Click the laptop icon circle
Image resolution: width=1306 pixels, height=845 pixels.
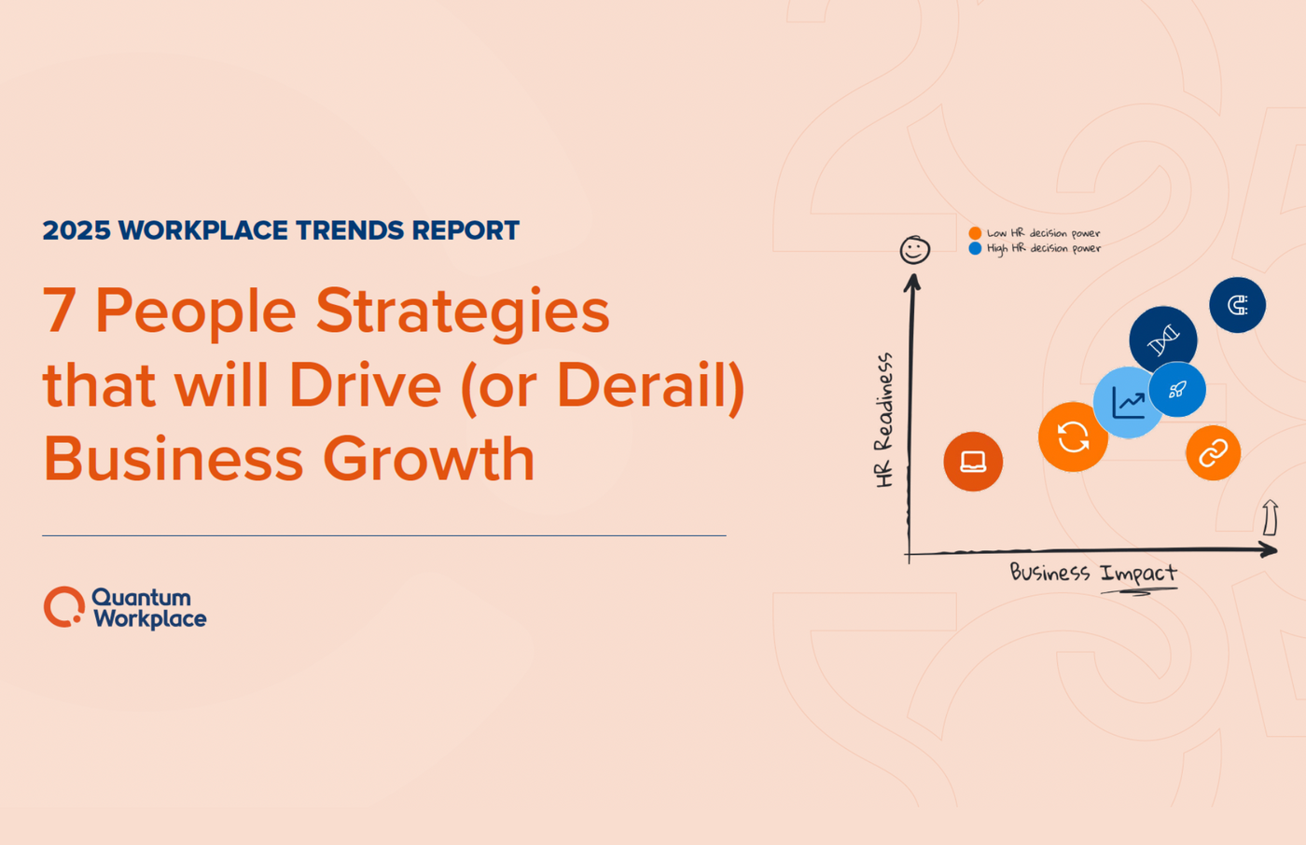[x=973, y=462]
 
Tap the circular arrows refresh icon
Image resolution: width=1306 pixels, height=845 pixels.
[x=1073, y=436]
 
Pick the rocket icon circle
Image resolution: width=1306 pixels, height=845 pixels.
[x=1178, y=390]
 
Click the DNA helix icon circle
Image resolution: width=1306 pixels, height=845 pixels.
[x=1162, y=339]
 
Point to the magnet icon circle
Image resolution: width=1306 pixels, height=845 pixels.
[x=1237, y=305]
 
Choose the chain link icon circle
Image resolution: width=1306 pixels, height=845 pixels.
[x=1213, y=453]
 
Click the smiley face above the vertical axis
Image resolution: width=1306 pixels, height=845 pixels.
[x=914, y=250]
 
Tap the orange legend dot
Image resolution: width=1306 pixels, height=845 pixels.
[x=975, y=233]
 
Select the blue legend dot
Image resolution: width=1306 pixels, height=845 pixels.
[x=975, y=248]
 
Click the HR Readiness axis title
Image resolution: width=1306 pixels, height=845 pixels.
[x=884, y=420]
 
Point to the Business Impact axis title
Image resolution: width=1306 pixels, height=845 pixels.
[x=1093, y=573]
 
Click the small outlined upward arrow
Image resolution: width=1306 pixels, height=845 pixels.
[x=1270, y=518]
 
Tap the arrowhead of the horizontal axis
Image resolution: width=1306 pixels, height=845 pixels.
[x=1269, y=550]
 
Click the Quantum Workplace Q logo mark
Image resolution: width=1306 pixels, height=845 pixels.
[x=64, y=607]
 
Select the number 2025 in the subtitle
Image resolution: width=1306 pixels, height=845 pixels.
[x=76, y=230]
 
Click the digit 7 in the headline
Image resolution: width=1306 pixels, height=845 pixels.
[x=59, y=311]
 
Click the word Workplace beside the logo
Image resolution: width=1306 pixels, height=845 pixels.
[x=150, y=619]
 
